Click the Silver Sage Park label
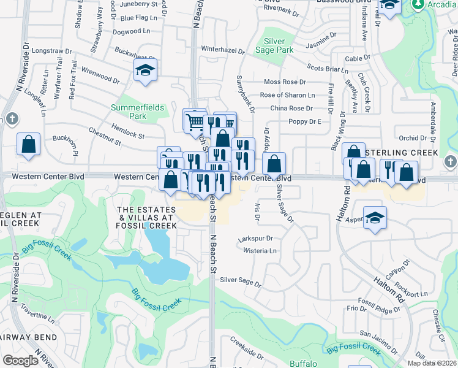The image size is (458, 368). tap(279, 45)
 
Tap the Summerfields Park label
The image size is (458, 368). tap(138, 111)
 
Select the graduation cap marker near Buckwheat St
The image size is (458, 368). tap(146, 71)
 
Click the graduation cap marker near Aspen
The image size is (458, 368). tap(375, 218)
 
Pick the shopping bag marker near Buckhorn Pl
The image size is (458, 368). tap(29, 145)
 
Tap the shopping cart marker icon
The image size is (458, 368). tap(194, 121)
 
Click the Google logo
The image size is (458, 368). tap(20, 361)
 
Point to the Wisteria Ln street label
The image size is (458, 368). tap(260, 251)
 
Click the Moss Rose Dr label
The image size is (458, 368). tap(284, 82)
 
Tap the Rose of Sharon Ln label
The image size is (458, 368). tap(287, 95)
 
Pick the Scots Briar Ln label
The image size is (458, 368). tap(327, 67)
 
